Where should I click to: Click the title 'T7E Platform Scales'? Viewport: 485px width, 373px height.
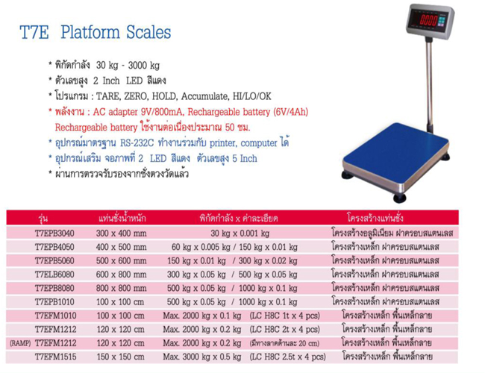[x=96, y=32]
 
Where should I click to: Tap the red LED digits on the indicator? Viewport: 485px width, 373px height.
[x=428, y=20]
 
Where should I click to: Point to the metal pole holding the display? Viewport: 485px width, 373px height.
[x=429, y=84]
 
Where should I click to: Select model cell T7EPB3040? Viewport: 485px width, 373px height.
[x=54, y=233]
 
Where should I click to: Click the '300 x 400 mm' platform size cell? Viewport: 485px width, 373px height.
[x=121, y=233]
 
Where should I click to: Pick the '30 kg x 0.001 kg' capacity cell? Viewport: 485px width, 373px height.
[x=240, y=233]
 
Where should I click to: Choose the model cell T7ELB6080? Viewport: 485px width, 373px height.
[x=54, y=275]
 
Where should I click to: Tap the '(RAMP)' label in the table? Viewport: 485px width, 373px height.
[x=20, y=343]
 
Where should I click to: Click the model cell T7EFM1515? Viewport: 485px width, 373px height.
[x=56, y=357]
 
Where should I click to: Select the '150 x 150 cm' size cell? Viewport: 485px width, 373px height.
[x=121, y=357]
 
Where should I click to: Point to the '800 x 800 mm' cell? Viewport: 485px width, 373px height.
[x=121, y=288]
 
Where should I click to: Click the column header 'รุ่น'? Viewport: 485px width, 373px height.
[x=43, y=219]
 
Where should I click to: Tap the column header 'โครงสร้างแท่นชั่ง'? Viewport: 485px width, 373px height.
[x=375, y=218]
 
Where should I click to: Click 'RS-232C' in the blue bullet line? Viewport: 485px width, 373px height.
[x=137, y=143]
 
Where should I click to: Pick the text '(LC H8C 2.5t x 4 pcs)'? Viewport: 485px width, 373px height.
[x=288, y=357]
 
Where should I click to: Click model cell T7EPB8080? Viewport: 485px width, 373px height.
[x=54, y=288]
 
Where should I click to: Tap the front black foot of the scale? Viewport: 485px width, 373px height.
[x=399, y=198]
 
